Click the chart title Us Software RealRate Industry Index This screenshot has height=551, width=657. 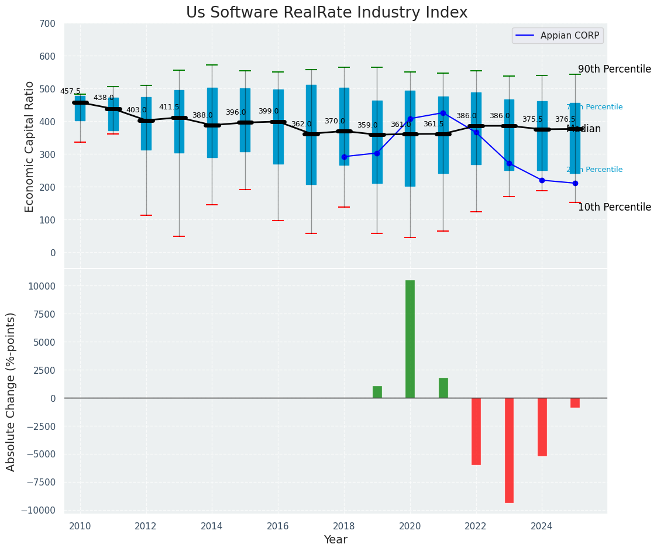pyautogui.click(x=326, y=13)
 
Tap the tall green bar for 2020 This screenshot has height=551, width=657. pyautogui.click(x=410, y=339)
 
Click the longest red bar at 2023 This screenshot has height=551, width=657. pyautogui.click(x=509, y=450)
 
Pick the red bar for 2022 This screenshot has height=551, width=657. pyautogui.click(x=476, y=431)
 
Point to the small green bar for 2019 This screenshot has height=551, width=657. pyautogui.click(x=377, y=392)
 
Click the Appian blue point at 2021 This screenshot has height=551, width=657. pyautogui.click(x=443, y=113)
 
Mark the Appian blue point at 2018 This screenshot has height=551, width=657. pyautogui.click(x=344, y=157)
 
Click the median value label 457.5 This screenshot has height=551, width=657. pyautogui.click(x=70, y=91)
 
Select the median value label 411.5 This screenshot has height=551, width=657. pyautogui.click(x=169, y=107)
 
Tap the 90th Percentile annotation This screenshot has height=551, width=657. pyautogui.click(x=614, y=69)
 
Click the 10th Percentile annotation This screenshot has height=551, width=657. pyautogui.click(x=614, y=207)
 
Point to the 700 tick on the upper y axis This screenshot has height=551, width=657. pyautogui.click(x=47, y=24)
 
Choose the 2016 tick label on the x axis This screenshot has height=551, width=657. pyautogui.click(x=278, y=526)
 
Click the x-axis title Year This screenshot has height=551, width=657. pyautogui.click(x=336, y=540)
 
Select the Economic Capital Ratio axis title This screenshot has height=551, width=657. pyautogui.click(x=30, y=146)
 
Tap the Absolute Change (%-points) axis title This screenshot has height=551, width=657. pyautogui.click(x=11, y=391)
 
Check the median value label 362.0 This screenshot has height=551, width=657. pyautogui.click(x=301, y=124)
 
